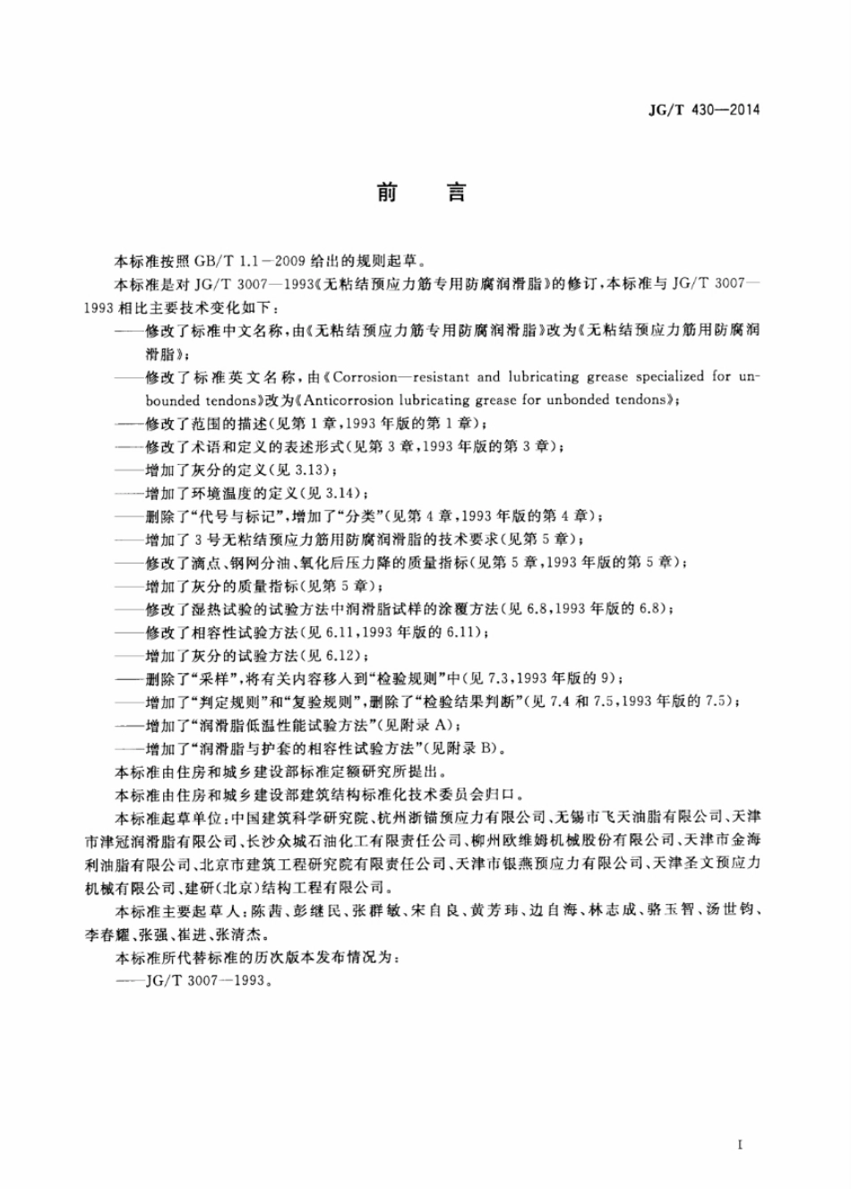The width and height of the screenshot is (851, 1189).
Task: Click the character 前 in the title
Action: (387, 192)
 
